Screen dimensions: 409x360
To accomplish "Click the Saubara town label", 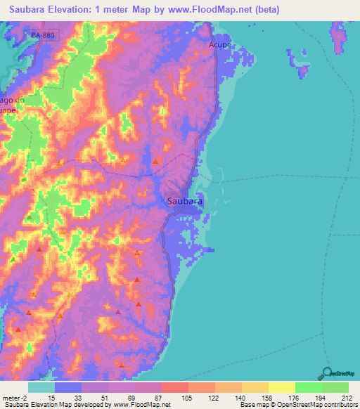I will (186, 201).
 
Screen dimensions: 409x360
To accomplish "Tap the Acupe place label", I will (220, 44).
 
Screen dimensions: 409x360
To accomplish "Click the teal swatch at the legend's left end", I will (41, 387).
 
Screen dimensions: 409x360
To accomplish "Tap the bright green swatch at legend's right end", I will (335, 387).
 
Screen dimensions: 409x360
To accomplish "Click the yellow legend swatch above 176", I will (282, 387).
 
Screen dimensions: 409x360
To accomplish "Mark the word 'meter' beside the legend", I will (12, 398).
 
